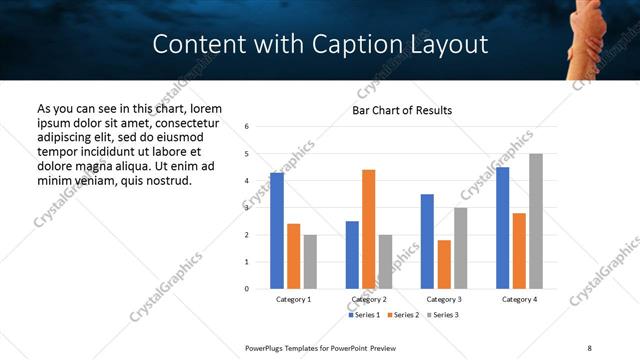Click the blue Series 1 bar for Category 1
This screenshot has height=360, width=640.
click(x=277, y=231)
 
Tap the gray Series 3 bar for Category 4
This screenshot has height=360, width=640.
click(x=536, y=221)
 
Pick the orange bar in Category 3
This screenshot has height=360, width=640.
click(x=444, y=264)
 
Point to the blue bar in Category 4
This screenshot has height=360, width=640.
click(x=502, y=228)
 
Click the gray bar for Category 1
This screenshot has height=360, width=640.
click(x=310, y=262)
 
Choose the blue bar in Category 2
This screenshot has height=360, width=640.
click(x=352, y=255)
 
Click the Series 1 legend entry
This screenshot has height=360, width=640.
click(x=363, y=315)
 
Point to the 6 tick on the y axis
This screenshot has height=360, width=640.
click(x=247, y=127)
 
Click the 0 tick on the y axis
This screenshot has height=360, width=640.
click(x=247, y=289)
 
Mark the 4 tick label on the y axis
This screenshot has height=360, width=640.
click(x=247, y=181)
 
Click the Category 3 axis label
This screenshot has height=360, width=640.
click(x=444, y=299)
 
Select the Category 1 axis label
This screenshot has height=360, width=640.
click(x=293, y=299)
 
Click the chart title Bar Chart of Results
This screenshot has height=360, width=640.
click(x=402, y=110)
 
